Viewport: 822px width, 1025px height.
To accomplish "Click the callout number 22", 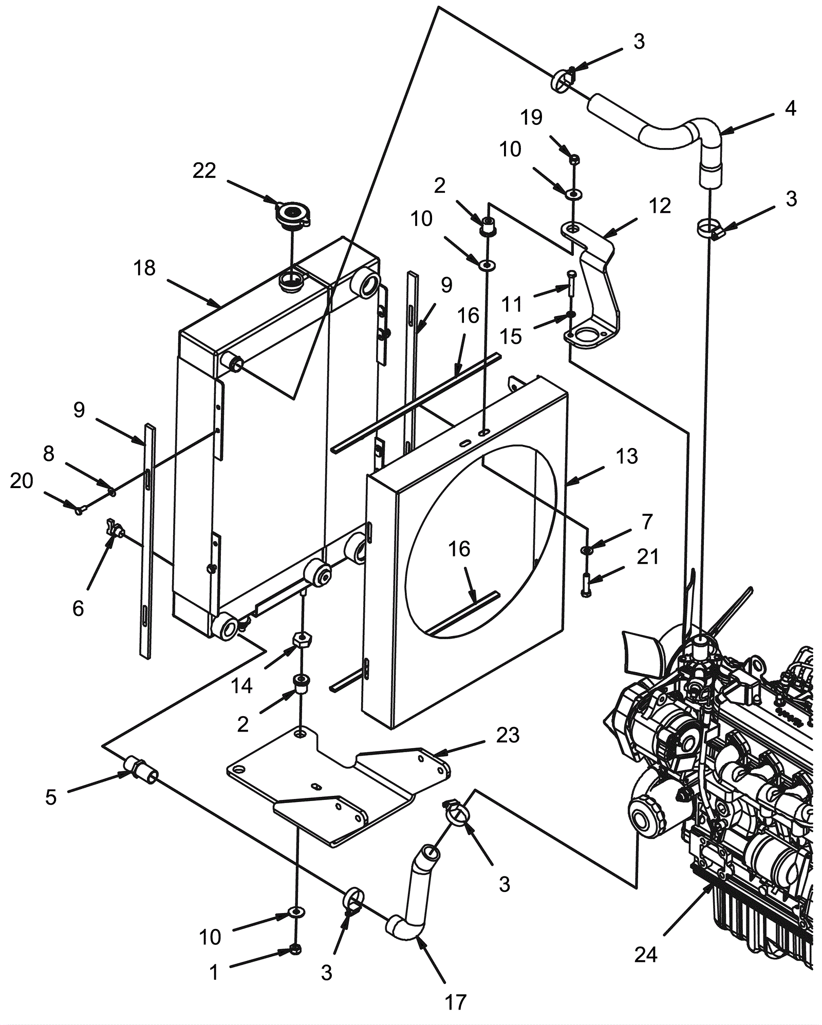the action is [x=204, y=171].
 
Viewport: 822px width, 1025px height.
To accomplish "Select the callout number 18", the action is [x=144, y=268].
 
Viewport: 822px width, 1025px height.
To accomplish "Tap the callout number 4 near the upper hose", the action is [x=791, y=108].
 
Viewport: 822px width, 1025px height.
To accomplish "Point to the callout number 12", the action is [x=660, y=206].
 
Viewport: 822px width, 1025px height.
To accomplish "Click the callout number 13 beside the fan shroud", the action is [x=627, y=456].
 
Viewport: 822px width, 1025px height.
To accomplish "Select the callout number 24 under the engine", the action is [x=646, y=955].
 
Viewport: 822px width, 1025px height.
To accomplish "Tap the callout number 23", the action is [x=508, y=735].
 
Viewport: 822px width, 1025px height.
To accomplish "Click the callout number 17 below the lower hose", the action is [x=456, y=1002].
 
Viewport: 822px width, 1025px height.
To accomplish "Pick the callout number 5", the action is [x=50, y=797].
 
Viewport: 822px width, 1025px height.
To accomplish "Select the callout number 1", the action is [x=214, y=972].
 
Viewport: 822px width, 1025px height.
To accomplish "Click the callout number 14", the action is [x=242, y=686].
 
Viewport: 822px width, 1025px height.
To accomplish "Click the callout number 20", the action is [x=22, y=481].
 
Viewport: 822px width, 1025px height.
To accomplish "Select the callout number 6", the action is [x=78, y=609].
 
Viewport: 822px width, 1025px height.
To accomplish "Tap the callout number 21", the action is [x=648, y=557].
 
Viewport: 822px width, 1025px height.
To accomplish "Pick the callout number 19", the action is [x=532, y=118].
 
